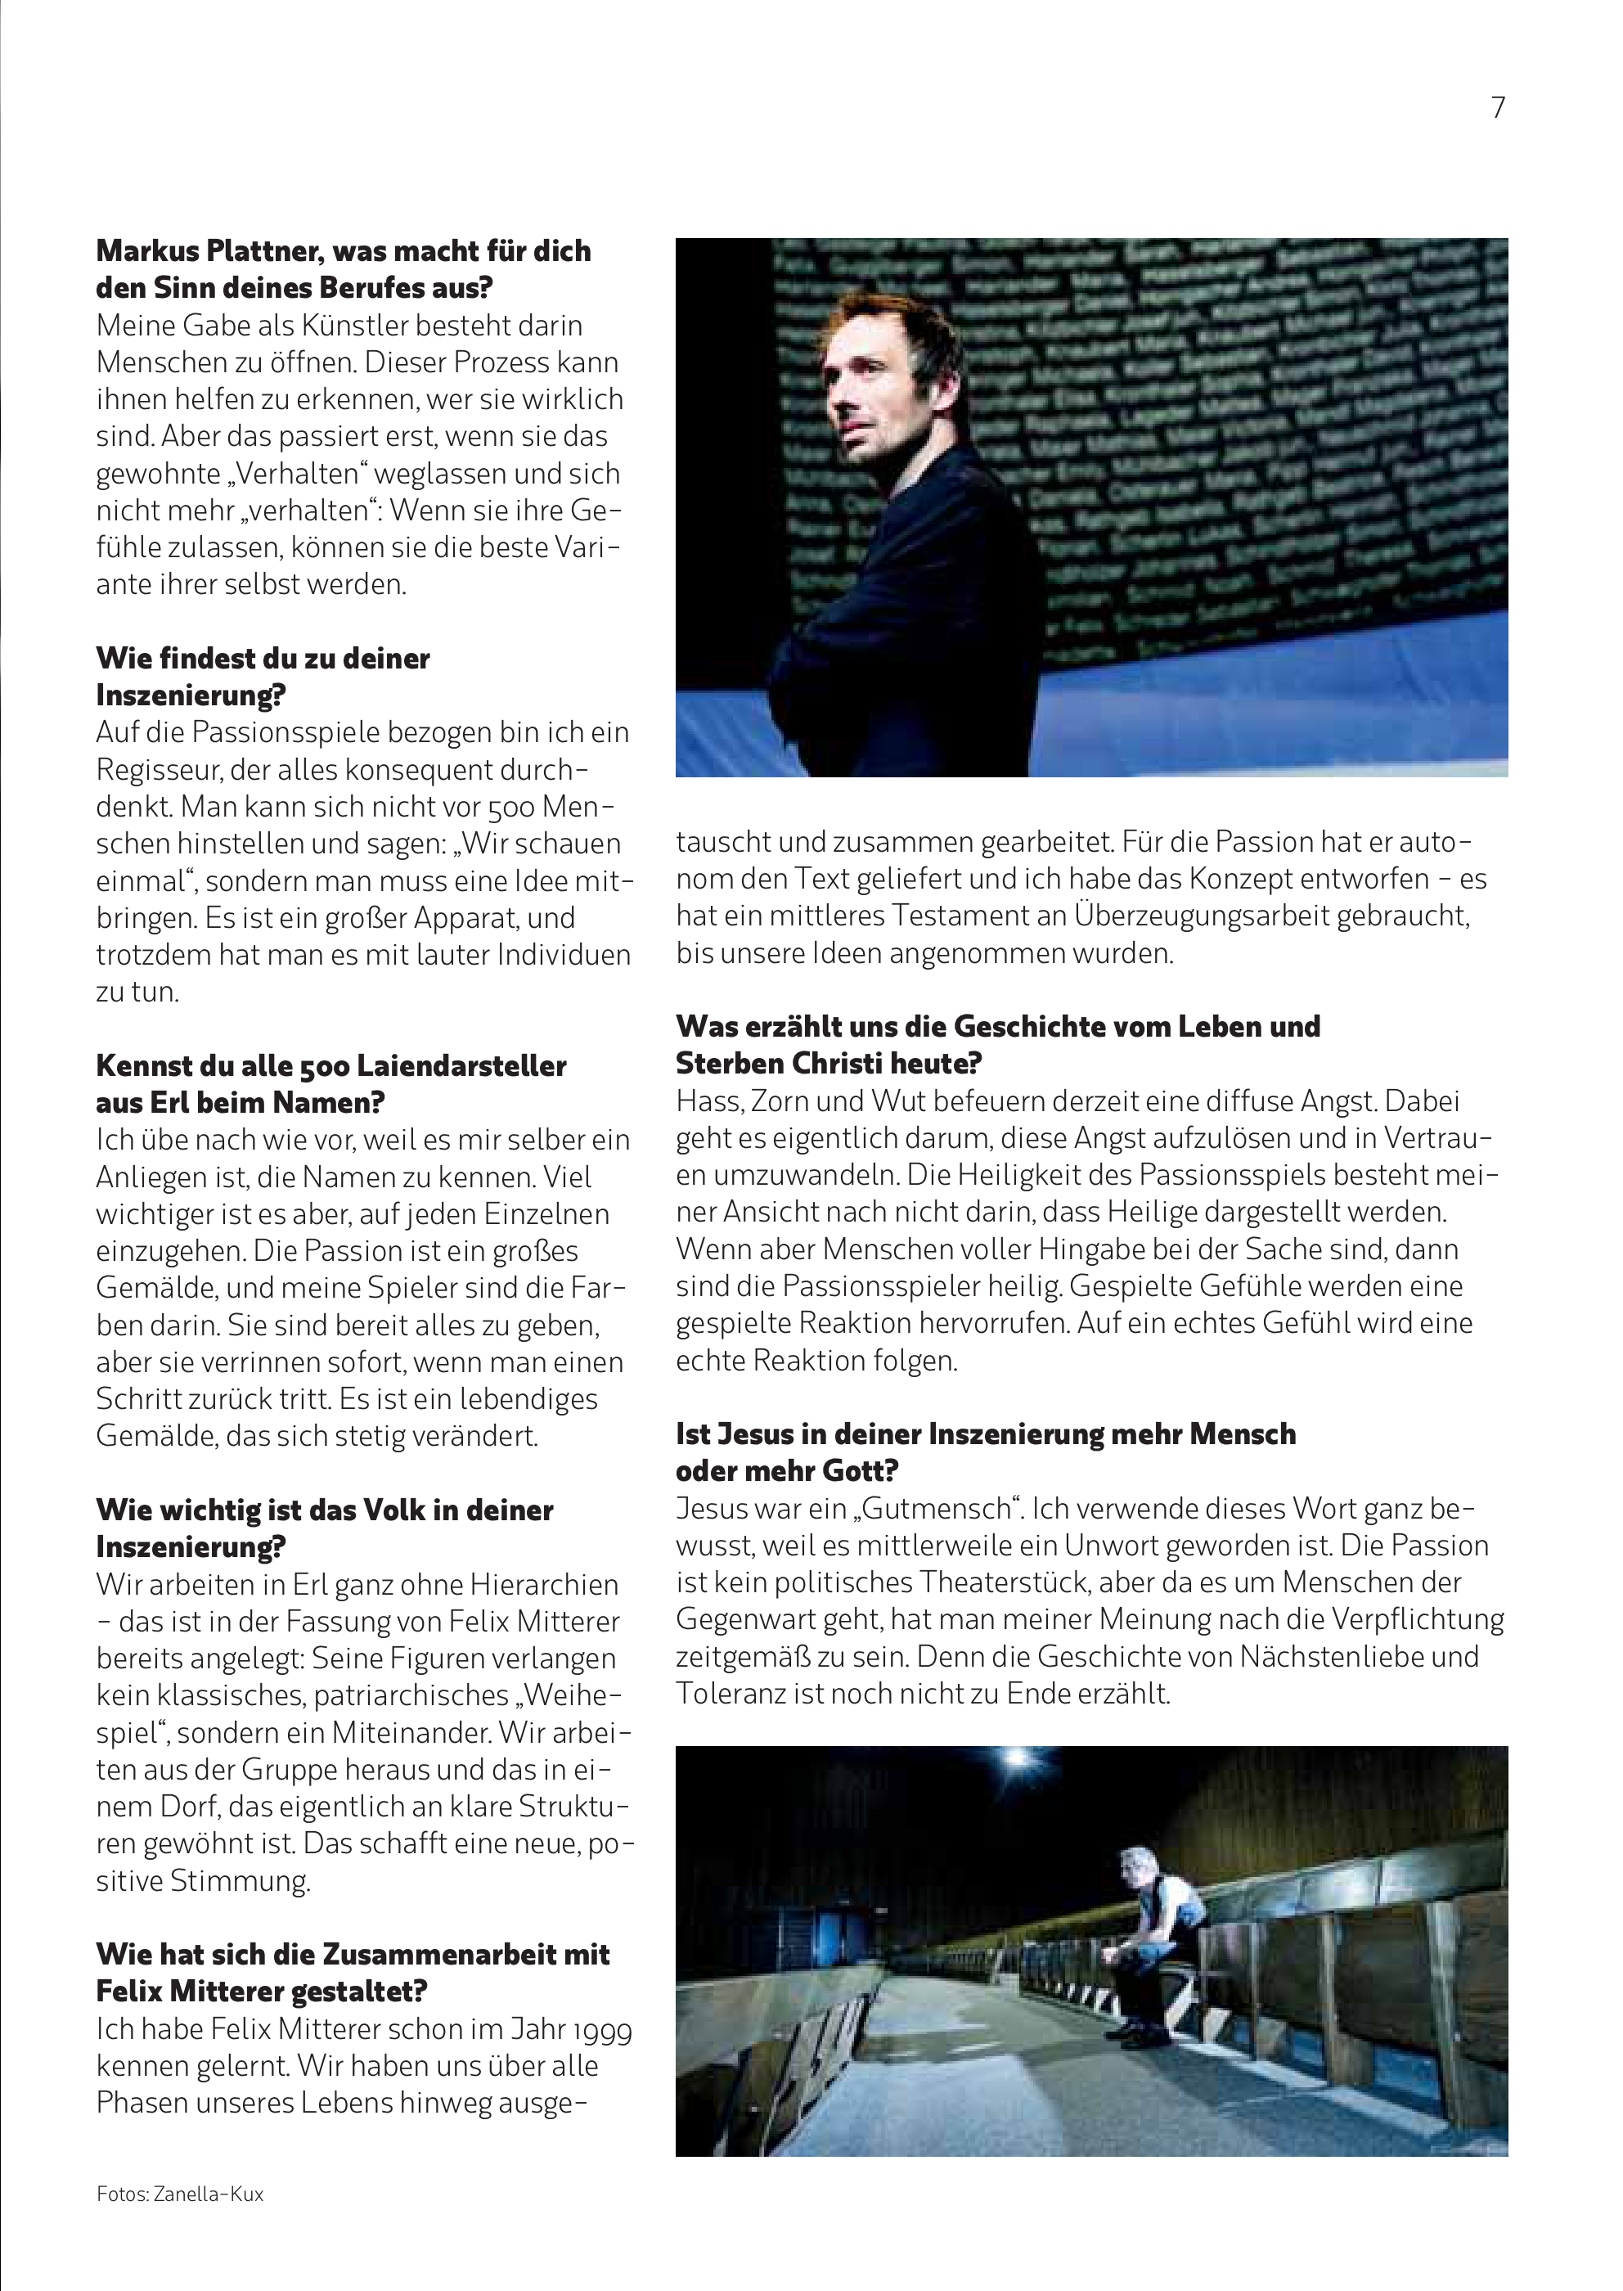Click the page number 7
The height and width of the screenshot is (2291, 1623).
click(x=1497, y=108)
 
